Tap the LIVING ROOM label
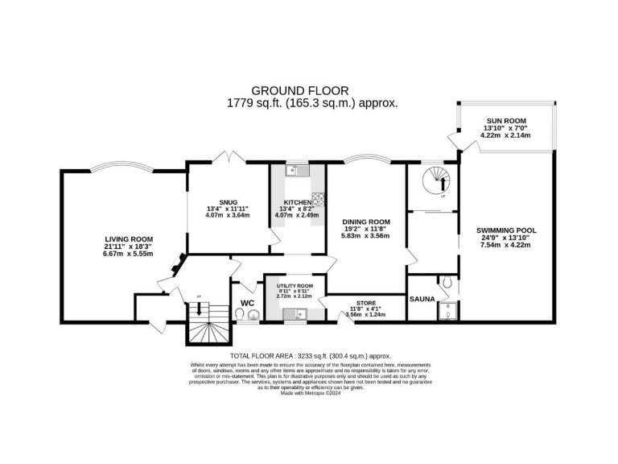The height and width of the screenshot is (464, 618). coord(129,238)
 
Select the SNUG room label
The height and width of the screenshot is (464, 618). coord(227,201)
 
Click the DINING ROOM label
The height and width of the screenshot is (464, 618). coord(366,222)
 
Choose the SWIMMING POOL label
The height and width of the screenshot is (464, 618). coord(506,230)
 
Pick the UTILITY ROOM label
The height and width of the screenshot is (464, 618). coord(295,286)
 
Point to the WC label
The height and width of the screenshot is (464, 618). coord(247,304)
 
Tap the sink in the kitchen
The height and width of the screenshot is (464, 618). coord(297,171)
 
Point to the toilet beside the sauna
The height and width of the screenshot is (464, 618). coord(446,284)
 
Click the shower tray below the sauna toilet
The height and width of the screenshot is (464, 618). coord(447,310)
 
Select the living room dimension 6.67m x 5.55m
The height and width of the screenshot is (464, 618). coord(129,255)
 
